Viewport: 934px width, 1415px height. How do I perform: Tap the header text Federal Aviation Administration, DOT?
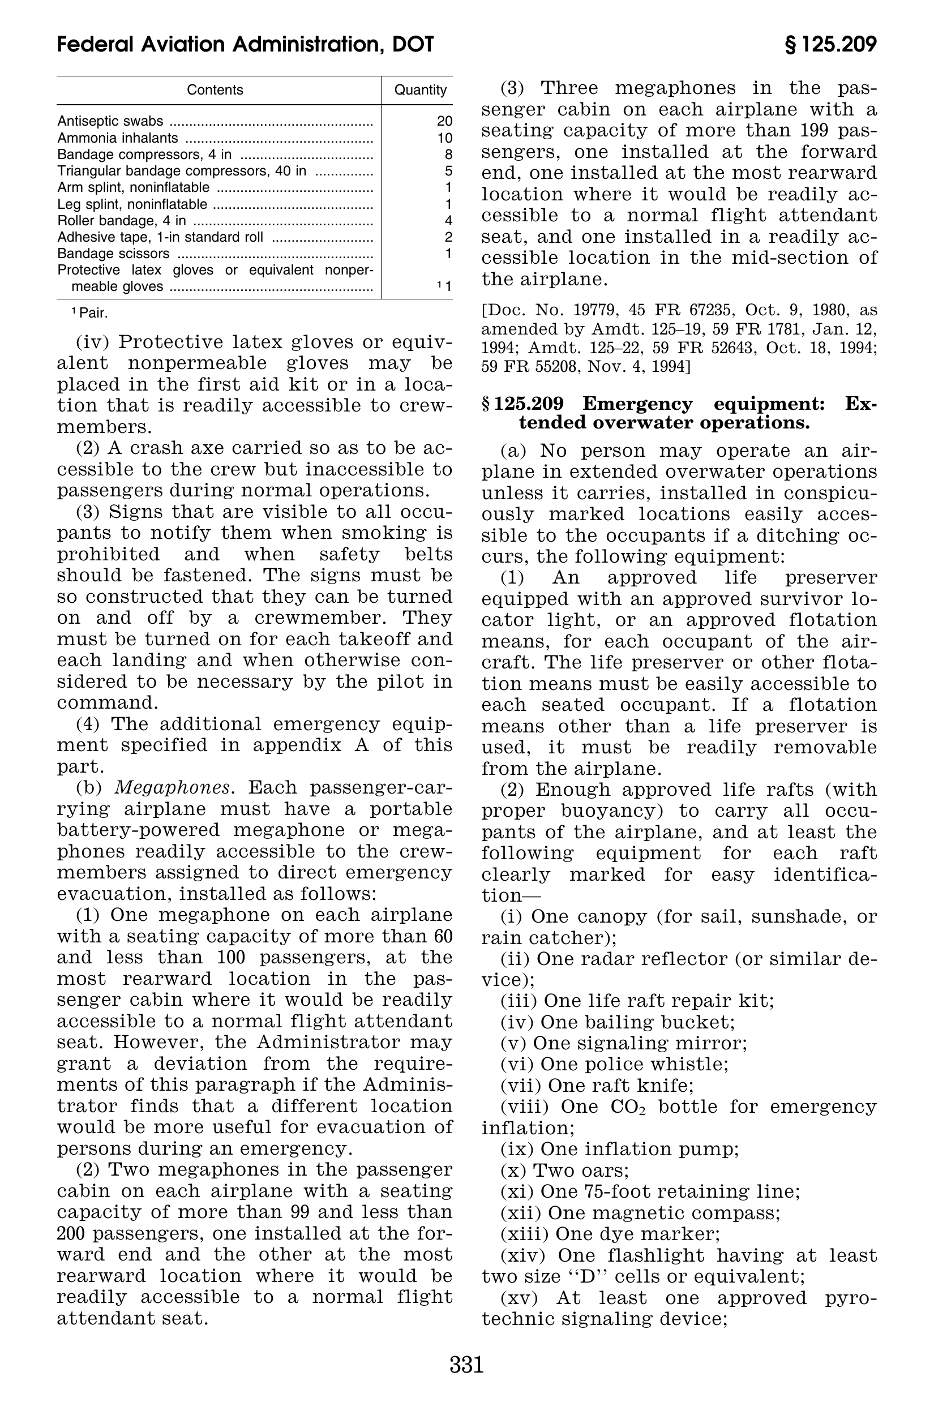[x=246, y=45]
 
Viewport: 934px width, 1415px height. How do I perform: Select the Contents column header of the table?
[x=215, y=90]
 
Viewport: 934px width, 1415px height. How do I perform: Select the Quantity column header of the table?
[x=421, y=90]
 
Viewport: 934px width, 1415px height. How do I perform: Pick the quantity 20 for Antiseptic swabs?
[x=444, y=121]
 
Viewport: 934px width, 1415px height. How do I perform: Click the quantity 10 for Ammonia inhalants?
[x=444, y=138]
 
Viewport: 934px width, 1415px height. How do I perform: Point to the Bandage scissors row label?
[x=113, y=254]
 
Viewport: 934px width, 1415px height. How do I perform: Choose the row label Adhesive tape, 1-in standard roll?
[x=160, y=237]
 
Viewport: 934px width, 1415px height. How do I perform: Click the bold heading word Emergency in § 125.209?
[x=637, y=404]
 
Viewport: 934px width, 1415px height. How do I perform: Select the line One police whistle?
[x=614, y=1064]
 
